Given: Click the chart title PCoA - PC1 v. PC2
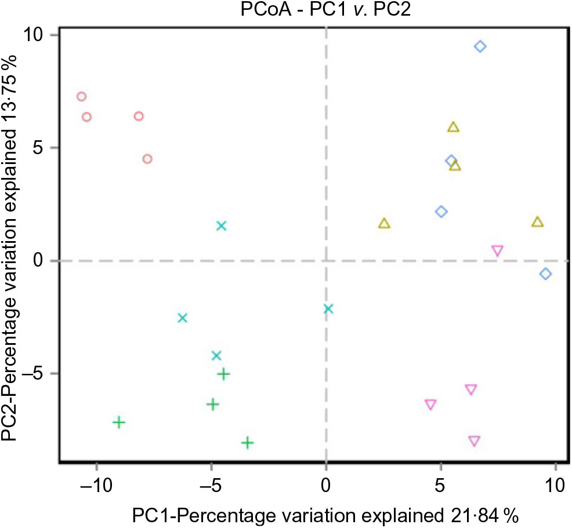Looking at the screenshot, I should tap(326, 10).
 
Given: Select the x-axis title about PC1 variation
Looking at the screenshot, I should tap(325, 515).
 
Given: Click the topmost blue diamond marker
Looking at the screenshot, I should tap(480, 46).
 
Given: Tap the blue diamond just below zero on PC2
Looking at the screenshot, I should tap(545, 274).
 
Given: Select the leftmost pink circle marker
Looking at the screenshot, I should tap(81, 97).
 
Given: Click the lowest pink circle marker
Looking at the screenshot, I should tap(147, 159).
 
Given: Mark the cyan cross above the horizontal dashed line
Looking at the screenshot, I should tap(221, 225).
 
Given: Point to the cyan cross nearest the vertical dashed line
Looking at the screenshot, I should tap(328, 308).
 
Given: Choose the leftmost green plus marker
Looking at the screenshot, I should tap(118, 422).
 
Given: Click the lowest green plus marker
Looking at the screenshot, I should tap(248, 443).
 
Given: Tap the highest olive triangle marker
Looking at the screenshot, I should tap(453, 127).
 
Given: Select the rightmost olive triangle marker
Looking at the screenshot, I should tap(537, 222).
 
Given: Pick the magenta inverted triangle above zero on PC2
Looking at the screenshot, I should tap(497, 250).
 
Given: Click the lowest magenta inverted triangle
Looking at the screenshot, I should tap(474, 441).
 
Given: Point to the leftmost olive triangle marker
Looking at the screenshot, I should tap(384, 223).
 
